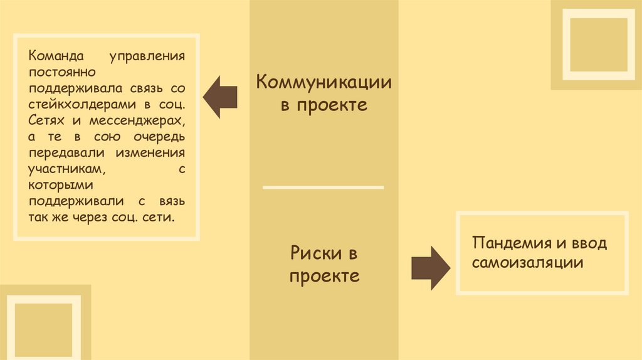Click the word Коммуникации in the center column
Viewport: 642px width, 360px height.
324,82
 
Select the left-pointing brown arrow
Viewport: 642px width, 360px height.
219,97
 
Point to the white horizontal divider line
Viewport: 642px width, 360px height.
323,187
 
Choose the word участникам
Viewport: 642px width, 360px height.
66,169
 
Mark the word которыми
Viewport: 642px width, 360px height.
60,186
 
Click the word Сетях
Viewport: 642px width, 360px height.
46,120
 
